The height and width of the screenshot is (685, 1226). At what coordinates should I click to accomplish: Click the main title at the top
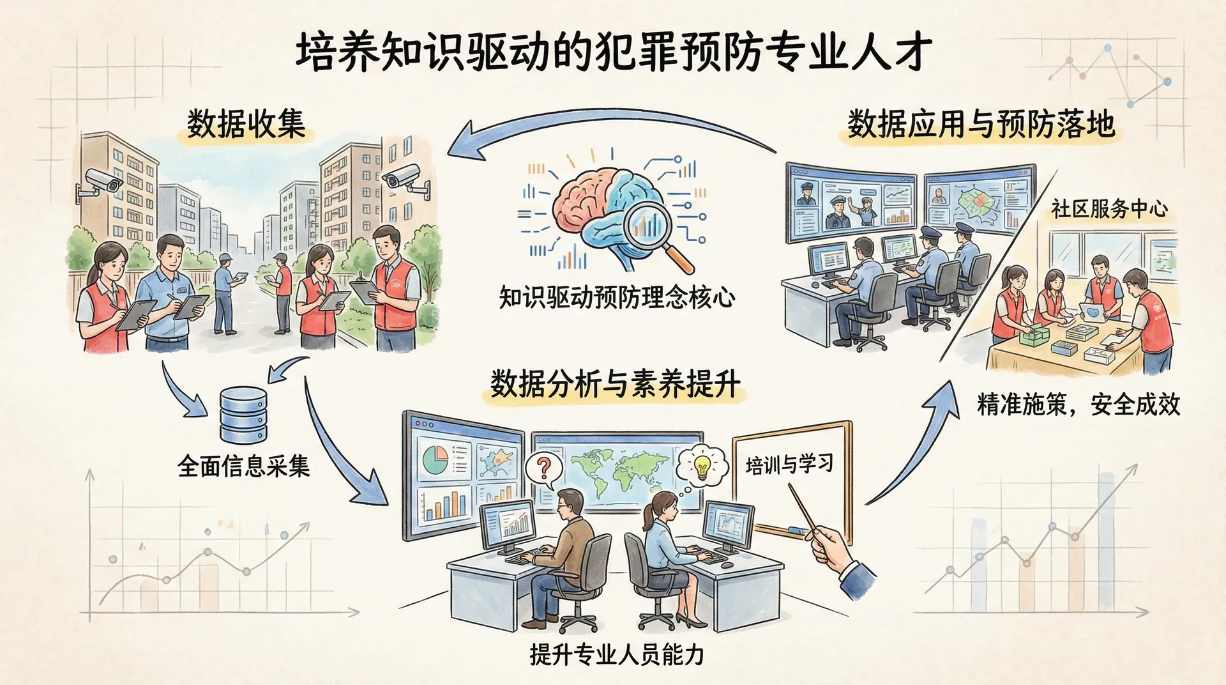614,52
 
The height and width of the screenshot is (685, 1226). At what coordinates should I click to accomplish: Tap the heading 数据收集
246,123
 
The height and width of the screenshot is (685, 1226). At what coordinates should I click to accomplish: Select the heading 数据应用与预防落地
981,123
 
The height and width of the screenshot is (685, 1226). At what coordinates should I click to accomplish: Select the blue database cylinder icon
243,415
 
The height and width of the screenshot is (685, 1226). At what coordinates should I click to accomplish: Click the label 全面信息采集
244,466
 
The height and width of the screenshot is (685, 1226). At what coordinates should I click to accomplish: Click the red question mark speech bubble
544,469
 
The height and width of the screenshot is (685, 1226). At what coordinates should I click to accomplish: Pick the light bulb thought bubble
702,466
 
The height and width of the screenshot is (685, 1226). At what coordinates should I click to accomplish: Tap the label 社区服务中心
1110,209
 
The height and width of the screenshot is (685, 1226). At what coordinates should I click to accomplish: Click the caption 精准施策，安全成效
1078,404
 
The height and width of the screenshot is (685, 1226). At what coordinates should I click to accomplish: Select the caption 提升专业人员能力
617,655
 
